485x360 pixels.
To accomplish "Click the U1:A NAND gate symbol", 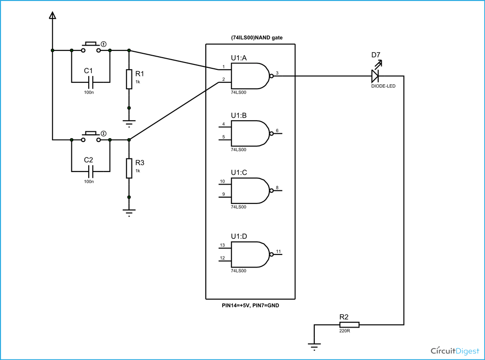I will click(250, 76).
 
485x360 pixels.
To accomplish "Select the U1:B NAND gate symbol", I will click(250, 133).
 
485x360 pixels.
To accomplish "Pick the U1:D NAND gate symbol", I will click(250, 255).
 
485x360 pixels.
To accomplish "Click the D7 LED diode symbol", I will click(374, 76).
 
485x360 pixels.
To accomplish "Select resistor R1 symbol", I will click(129, 79).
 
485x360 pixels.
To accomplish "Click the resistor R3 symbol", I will click(129, 168).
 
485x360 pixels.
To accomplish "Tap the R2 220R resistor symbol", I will click(349, 325).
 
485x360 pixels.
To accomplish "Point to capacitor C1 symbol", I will click(90, 81).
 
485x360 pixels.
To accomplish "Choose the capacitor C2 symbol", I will click(90, 171).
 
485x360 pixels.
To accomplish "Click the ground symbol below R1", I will click(129, 122).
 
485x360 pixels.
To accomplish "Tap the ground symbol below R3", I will click(129, 212).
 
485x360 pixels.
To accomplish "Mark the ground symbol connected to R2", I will click(314, 345).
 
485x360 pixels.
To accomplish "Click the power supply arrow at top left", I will click(52, 16).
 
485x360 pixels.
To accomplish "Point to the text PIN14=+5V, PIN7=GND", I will click(250, 306).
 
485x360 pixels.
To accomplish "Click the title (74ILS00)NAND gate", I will click(250, 38).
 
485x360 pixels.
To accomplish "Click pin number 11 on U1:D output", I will click(278, 251).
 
